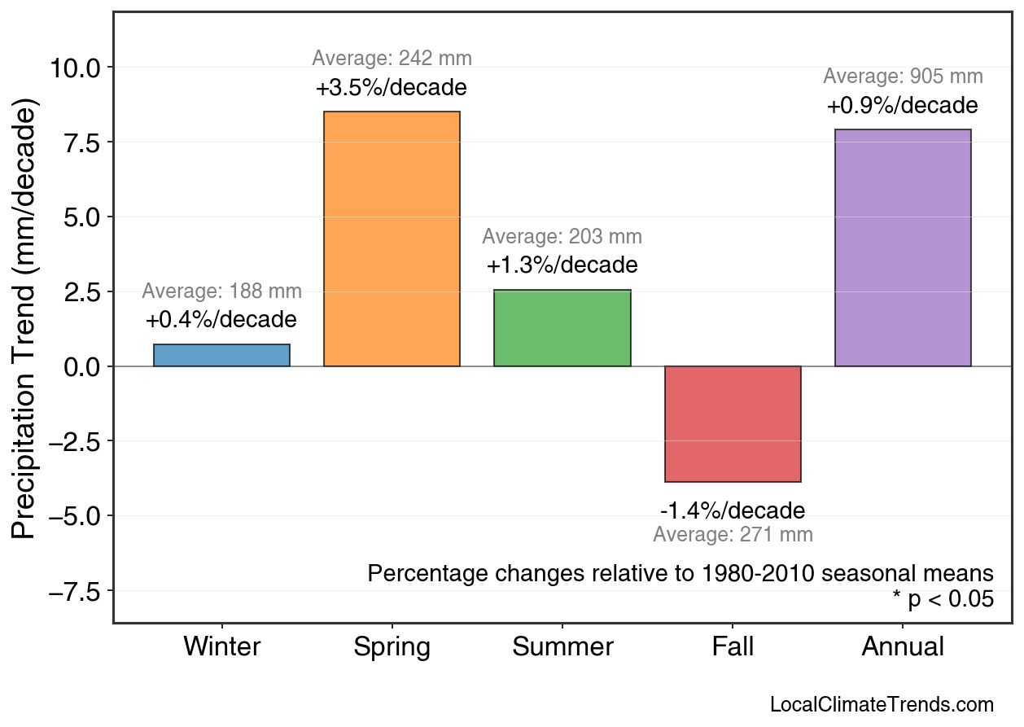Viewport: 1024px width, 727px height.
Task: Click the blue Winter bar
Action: [x=221, y=356]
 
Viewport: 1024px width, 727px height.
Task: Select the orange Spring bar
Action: [x=392, y=239]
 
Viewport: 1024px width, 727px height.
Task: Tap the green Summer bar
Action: [x=562, y=328]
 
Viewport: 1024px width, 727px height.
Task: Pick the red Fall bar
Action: [x=733, y=424]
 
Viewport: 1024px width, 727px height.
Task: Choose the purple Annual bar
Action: [x=903, y=248]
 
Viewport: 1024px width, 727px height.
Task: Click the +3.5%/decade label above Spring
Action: [x=392, y=87]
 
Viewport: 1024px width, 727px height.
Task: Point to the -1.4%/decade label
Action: [x=733, y=510]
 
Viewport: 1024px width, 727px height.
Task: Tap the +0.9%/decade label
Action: [x=903, y=106]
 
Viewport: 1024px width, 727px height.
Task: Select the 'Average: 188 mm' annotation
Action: [x=221, y=291]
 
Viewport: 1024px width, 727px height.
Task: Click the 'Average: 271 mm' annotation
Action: [x=733, y=535]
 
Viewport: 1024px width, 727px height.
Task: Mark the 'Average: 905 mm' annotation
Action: [x=903, y=77]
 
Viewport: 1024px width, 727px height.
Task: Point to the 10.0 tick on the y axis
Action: [x=75, y=68]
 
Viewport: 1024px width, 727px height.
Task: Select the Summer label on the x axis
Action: [x=562, y=647]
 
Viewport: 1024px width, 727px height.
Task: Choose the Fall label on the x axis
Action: [x=733, y=647]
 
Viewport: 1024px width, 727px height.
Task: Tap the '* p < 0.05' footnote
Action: [x=943, y=599]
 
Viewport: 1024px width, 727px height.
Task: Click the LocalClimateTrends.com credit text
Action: [x=882, y=705]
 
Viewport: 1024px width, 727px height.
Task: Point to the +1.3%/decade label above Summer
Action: [x=562, y=265]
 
